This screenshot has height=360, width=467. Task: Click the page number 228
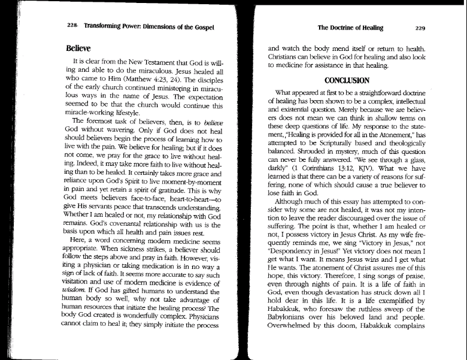coord(73,27)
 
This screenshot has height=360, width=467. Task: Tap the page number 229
coord(419,27)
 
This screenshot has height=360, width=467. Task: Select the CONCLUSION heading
coord(347,79)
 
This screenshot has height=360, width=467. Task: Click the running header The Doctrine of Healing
coord(350,27)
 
